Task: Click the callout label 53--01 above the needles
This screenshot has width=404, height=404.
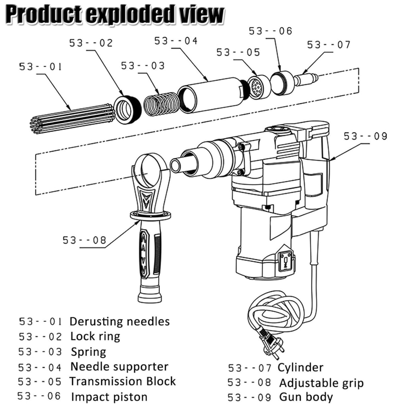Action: coord(40,67)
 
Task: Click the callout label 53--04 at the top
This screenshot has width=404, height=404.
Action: coord(176,41)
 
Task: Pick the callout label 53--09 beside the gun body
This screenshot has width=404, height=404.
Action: coord(365,136)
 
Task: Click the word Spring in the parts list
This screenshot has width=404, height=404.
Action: coord(88,352)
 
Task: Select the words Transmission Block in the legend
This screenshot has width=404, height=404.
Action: coord(123,381)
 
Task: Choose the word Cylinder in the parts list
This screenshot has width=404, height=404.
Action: coord(300,368)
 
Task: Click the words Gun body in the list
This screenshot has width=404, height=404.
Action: coord(306,397)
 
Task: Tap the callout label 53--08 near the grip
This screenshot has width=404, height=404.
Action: coord(84,240)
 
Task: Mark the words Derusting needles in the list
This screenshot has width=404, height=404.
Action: coord(120,322)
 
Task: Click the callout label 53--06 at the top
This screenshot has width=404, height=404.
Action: coord(270,31)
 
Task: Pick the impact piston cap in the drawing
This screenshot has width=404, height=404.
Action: coord(282,83)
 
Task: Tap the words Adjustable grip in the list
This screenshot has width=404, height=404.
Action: coord(322,383)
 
